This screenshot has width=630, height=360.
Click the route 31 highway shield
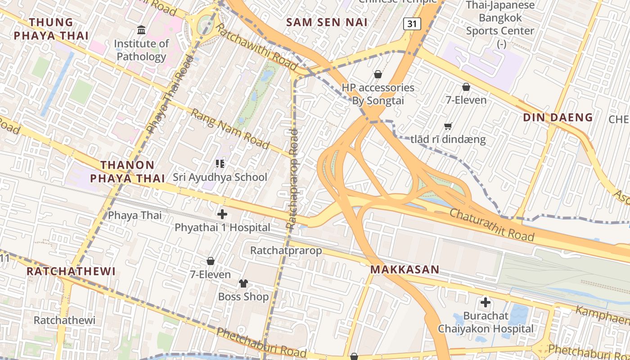[x=412, y=24]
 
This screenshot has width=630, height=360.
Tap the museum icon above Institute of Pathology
[x=141, y=30]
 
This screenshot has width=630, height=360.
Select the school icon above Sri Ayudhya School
[x=220, y=163]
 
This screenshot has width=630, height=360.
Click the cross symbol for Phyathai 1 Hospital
[x=222, y=214]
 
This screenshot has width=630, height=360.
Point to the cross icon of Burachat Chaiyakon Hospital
[x=486, y=302]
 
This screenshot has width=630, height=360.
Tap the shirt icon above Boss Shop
[x=243, y=283]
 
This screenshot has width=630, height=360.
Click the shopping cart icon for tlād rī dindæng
[x=448, y=126]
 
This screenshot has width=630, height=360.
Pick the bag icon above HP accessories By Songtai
[x=378, y=74]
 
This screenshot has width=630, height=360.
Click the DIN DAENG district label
[x=558, y=117]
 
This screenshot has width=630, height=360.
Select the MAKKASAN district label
[x=405, y=270]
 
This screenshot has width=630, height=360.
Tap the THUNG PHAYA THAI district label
[x=50, y=28]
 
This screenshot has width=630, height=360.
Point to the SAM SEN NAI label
[x=327, y=22]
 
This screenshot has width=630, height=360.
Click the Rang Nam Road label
[x=230, y=129]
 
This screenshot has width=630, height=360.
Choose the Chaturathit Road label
[x=492, y=225]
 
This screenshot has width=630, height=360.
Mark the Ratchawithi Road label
[x=254, y=47]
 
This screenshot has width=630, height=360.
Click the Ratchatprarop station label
[x=286, y=250]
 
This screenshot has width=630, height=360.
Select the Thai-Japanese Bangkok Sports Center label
[x=500, y=24]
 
